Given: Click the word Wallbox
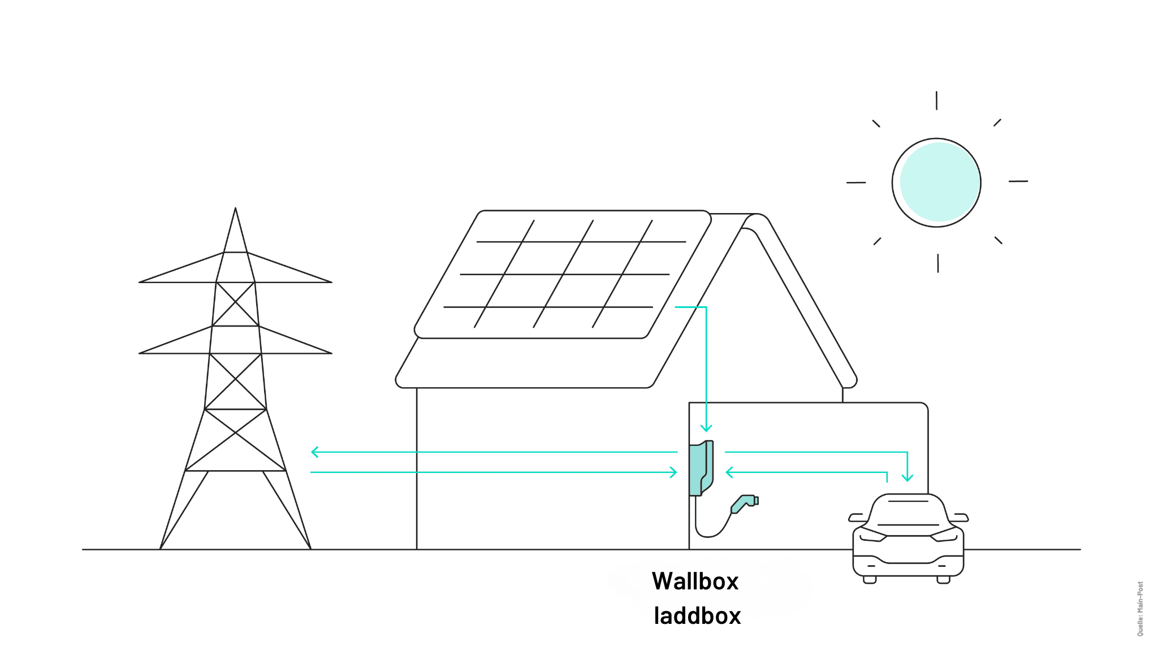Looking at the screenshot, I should (695, 581).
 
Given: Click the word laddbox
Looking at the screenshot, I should (697, 616).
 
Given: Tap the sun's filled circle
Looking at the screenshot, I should (939, 182).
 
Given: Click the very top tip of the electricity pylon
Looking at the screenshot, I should (235, 209).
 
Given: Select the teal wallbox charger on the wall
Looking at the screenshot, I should (700, 468).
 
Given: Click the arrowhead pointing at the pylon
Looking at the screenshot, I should (313, 452).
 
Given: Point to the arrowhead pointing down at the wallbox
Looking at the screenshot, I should (706, 429).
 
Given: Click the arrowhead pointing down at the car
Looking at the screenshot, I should (908, 479).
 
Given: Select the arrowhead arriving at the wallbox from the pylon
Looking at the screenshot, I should (674, 472).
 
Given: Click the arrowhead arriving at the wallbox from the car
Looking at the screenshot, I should (728, 472).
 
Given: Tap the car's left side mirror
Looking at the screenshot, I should (856, 518).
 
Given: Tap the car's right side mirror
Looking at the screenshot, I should (961, 518).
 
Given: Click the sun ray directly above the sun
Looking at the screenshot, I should (936, 101).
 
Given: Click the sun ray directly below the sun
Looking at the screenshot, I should (938, 263).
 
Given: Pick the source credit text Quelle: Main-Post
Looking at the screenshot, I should (1140, 609).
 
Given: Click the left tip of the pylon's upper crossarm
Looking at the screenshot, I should (140, 282).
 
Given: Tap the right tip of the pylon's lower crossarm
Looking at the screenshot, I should (331, 353).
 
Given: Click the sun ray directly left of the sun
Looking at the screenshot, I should (856, 183).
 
